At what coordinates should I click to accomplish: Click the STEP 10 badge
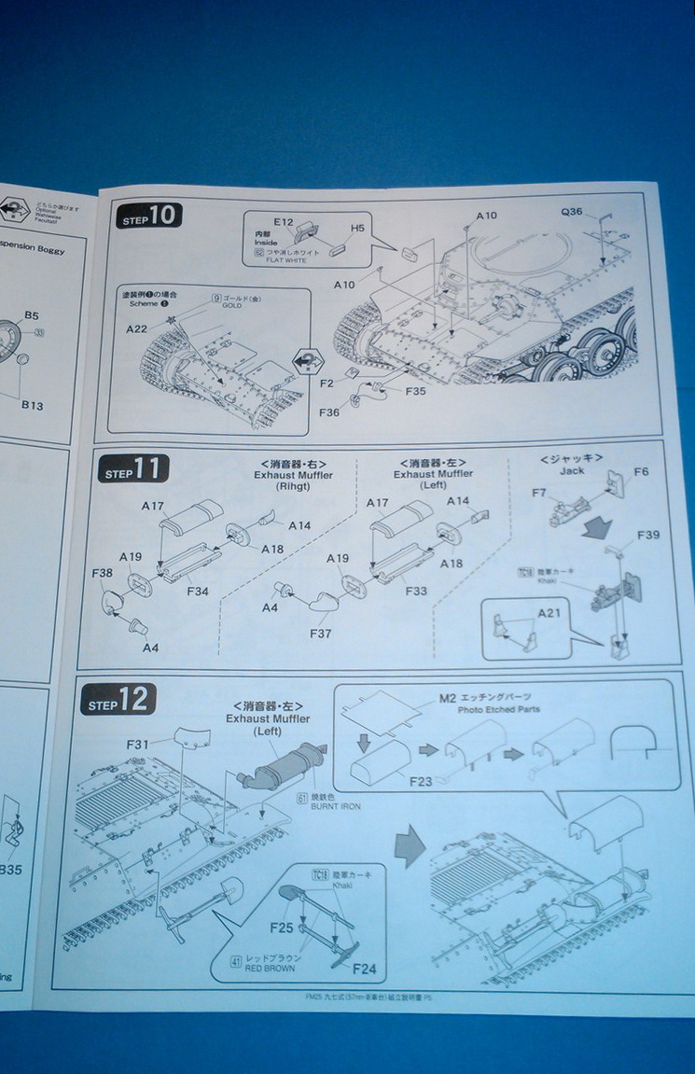pyautogui.click(x=149, y=216)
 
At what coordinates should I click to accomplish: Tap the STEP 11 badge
pyautogui.click(x=133, y=469)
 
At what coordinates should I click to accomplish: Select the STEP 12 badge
pyautogui.click(x=118, y=700)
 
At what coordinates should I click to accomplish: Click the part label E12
pyautogui.click(x=284, y=222)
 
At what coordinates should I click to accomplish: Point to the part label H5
pyautogui.click(x=357, y=228)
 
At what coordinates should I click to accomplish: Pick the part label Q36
pyautogui.click(x=571, y=212)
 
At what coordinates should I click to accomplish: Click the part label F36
pyautogui.click(x=329, y=411)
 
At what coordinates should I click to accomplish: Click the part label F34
pyautogui.click(x=198, y=591)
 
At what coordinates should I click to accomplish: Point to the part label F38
pyautogui.click(x=102, y=573)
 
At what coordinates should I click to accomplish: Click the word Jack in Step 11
pyautogui.click(x=572, y=470)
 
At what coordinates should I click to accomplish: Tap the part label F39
pyautogui.click(x=647, y=535)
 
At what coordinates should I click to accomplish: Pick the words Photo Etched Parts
pyautogui.click(x=498, y=709)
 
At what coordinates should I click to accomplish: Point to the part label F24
pyautogui.click(x=364, y=969)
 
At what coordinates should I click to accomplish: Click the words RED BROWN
pyautogui.click(x=271, y=969)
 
